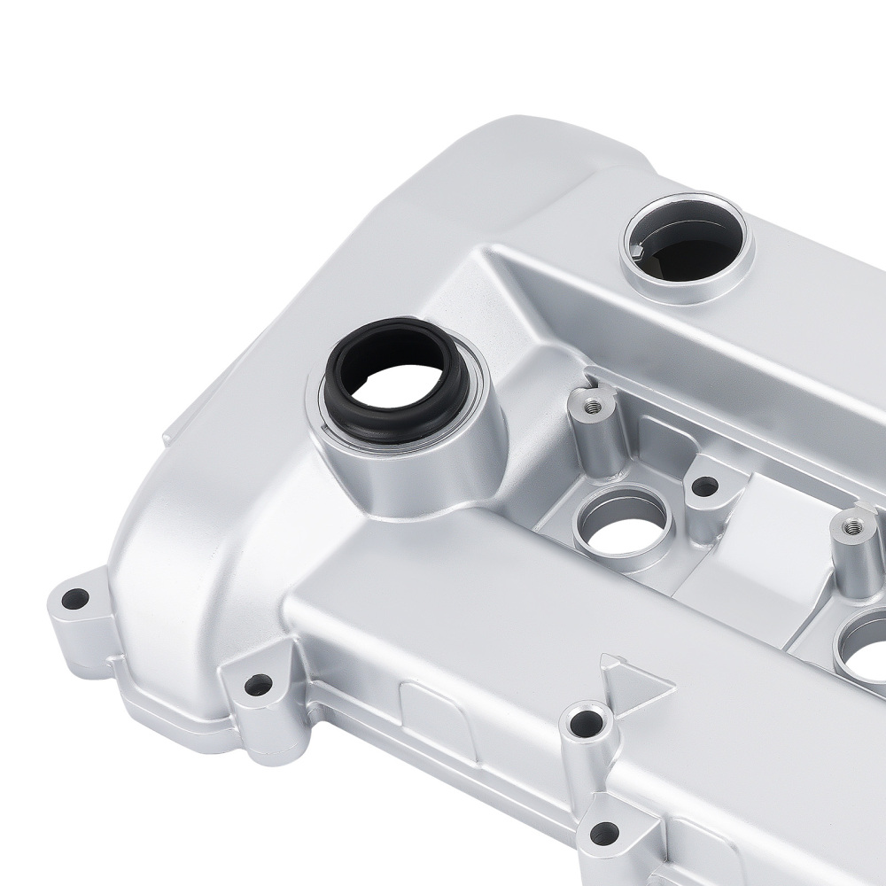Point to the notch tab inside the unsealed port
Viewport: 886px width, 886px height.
[640, 253]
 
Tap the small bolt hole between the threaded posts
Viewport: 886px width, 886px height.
[704, 486]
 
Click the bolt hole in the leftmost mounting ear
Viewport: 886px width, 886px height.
[75, 599]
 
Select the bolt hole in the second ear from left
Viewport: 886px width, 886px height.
[258, 684]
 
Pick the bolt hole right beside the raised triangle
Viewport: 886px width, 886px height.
[586, 723]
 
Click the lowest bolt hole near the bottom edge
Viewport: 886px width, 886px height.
[604, 832]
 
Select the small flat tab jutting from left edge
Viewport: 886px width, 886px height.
[170, 434]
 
